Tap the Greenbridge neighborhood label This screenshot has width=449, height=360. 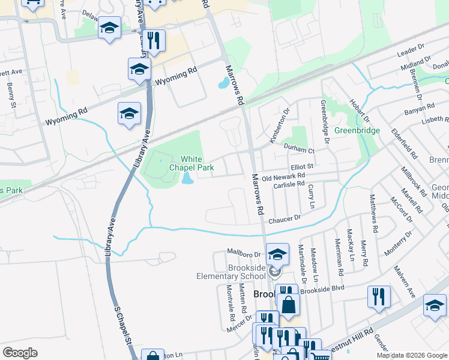pyautogui.click(x=357, y=130)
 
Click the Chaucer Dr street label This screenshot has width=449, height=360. pyautogui.click(x=284, y=220)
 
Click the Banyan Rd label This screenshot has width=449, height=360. pyautogui.click(x=420, y=107)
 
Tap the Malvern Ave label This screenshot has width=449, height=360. pyautogui.click(x=404, y=283)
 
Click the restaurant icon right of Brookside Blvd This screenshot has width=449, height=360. pyautogui.click(x=379, y=296)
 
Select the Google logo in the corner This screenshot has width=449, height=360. pyautogui.click(x=20, y=353)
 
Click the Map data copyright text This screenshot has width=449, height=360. pyautogui.click(x=411, y=355)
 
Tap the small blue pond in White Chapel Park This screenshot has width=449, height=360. pyautogui.click(x=187, y=178)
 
